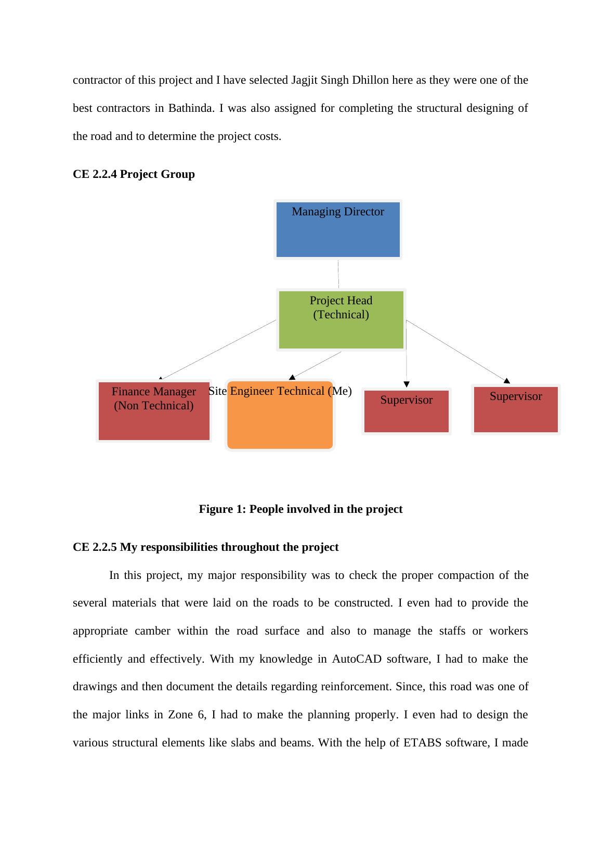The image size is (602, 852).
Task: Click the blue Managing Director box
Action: (x=338, y=229)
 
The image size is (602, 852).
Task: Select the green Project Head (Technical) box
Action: (x=341, y=320)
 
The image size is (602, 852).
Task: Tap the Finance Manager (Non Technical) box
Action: (x=154, y=411)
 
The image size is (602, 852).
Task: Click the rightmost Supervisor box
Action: (x=516, y=409)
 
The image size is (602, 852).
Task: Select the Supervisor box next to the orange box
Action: (x=406, y=411)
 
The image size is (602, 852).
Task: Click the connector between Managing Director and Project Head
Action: (x=338, y=274)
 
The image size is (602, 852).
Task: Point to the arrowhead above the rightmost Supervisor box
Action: (x=507, y=381)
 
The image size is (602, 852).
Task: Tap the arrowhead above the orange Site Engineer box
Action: (x=292, y=377)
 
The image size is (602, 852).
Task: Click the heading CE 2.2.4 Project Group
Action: (x=134, y=174)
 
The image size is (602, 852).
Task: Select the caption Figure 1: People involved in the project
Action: (x=300, y=509)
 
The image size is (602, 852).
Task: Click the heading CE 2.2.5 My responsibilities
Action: (x=205, y=547)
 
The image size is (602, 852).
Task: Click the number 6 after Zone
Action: (x=201, y=715)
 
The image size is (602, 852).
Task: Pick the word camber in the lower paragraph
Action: (x=152, y=631)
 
